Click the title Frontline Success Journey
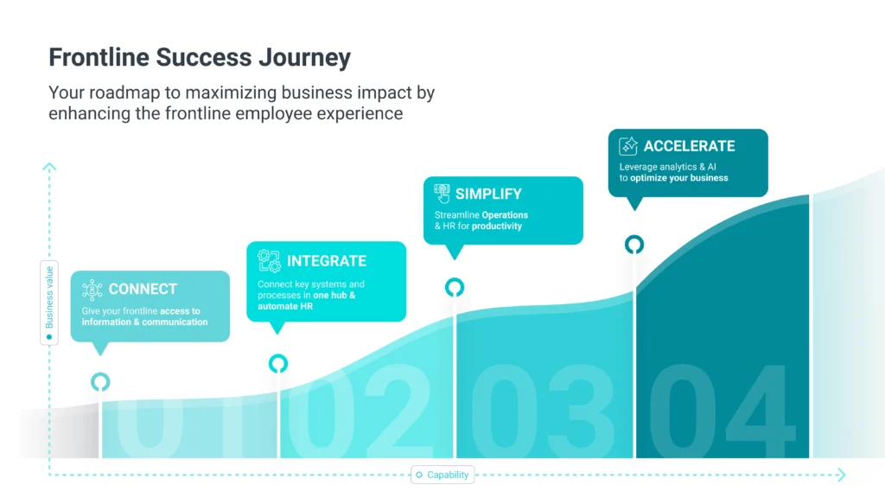pos(200,58)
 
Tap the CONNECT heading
pos(143,289)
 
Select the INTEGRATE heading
pos(327,261)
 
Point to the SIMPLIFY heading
pos(489,195)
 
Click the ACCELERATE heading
pos(689,146)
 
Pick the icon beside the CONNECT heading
pos(92,290)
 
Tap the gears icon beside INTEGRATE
pos(269,261)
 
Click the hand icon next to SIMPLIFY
pos(442,194)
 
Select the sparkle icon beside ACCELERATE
pos(628,146)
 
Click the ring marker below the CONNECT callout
pos(100,374)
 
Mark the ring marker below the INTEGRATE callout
pos(277,355)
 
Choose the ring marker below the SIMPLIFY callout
pos(455,279)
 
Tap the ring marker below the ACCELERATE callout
pos(634,237)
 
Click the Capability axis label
pos(448,475)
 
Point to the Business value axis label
pos(49,297)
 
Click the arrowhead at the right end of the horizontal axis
pos(842,475)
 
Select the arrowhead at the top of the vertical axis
pos(49,167)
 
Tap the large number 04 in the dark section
pos(723,411)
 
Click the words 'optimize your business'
pos(679,178)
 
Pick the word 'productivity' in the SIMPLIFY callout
pos(497,226)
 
